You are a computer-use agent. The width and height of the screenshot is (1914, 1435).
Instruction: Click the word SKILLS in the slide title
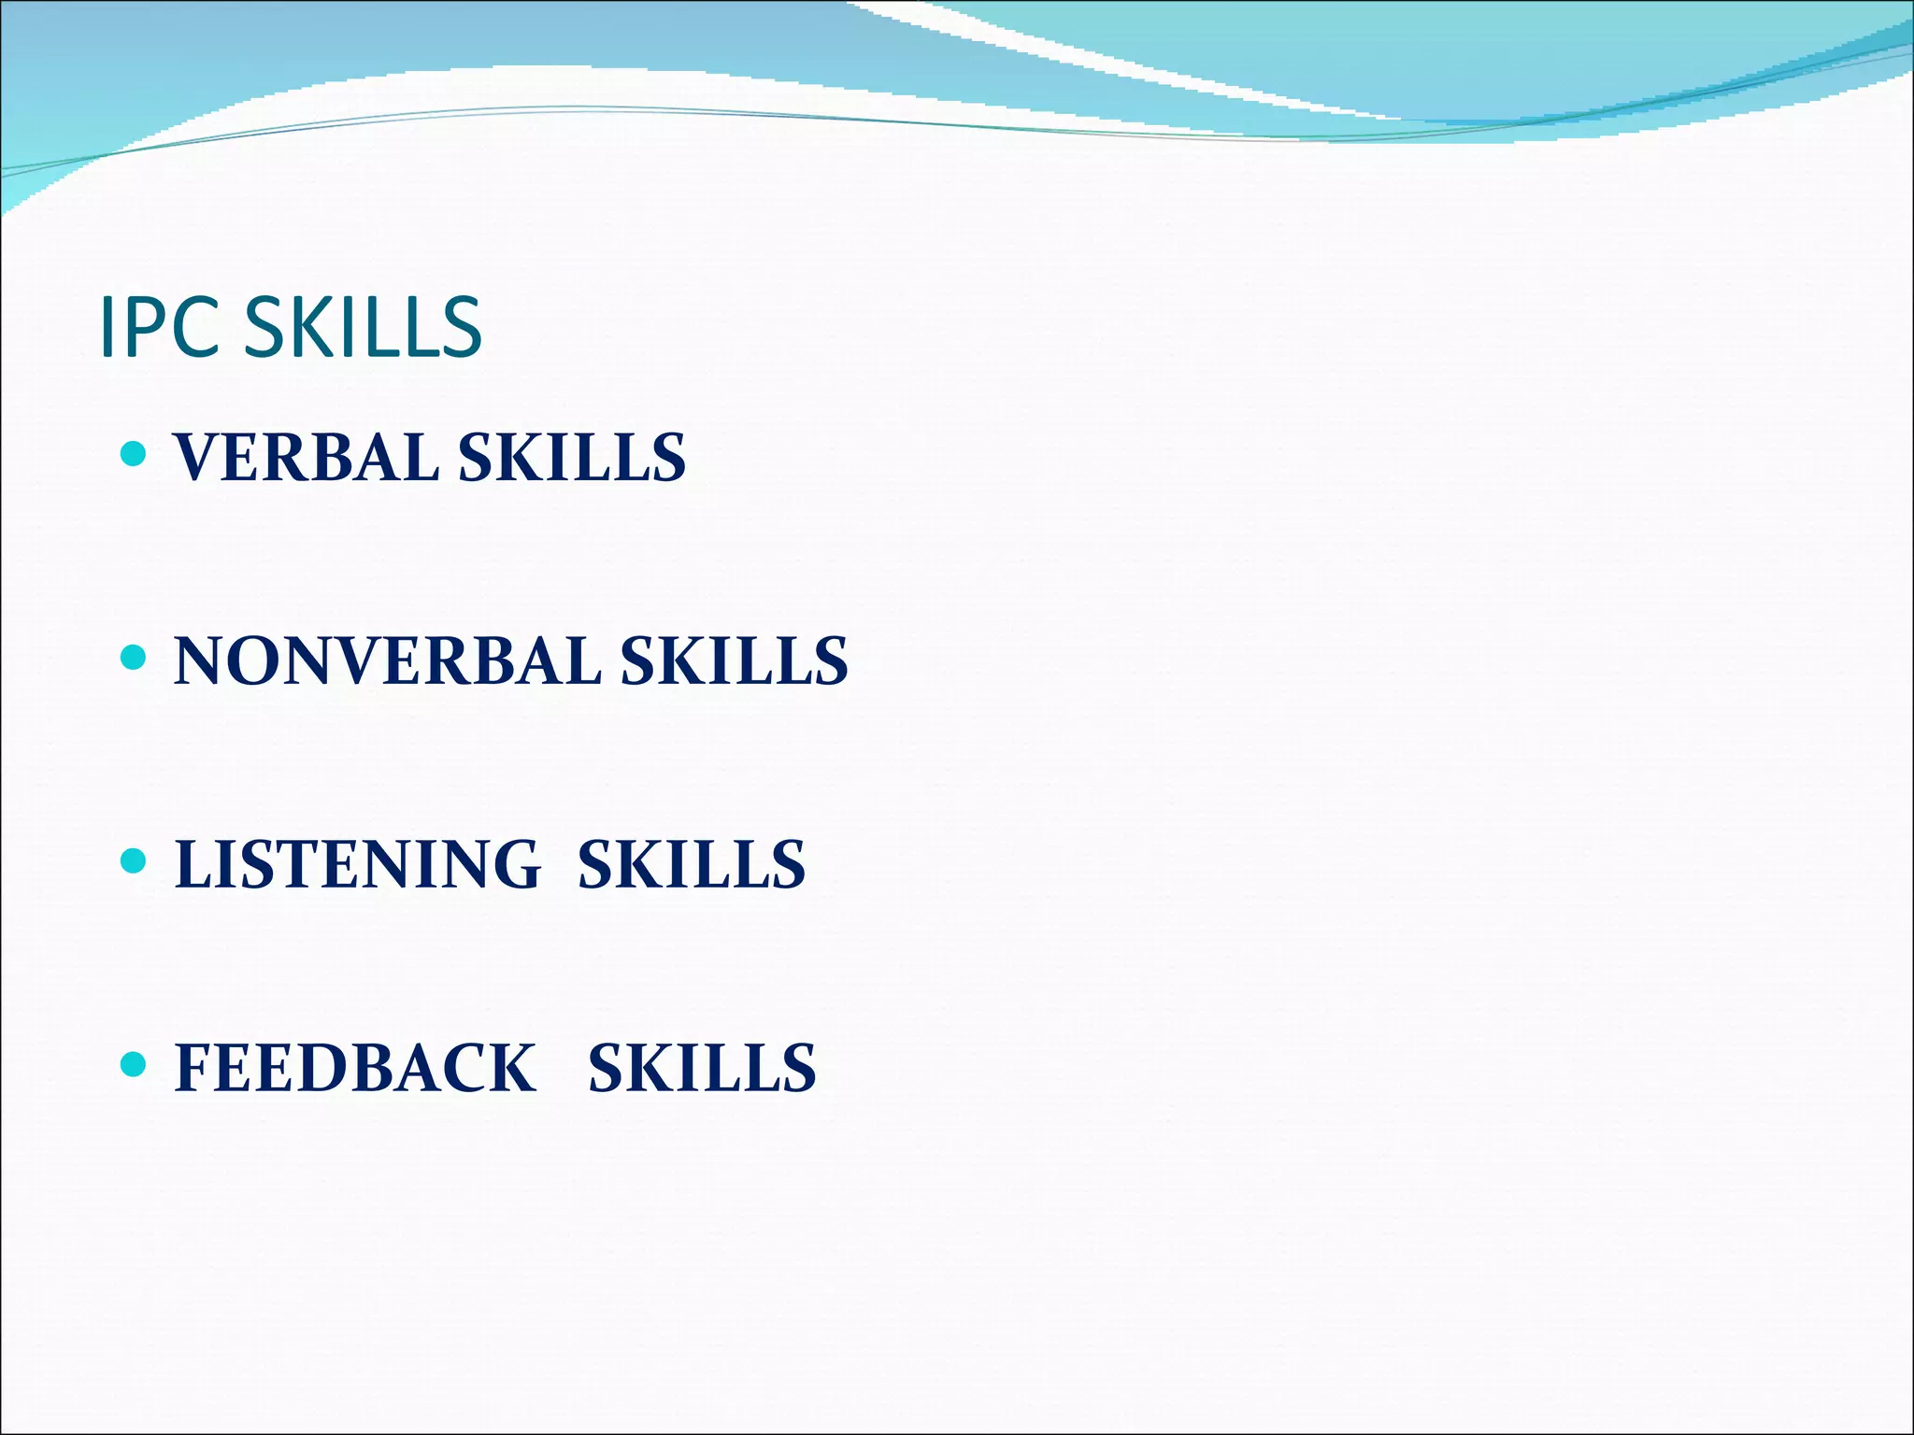pyautogui.click(x=363, y=327)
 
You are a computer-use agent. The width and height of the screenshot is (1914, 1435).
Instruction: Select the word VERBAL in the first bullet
pyautogui.click(x=306, y=458)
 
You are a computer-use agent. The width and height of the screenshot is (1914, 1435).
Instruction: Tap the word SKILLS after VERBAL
pyautogui.click(x=572, y=458)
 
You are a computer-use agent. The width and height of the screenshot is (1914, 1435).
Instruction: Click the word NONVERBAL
pyautogui.click(x=388, y=661)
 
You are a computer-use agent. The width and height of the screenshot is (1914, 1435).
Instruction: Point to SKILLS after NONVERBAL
pyautogui.click(x=735, y=661)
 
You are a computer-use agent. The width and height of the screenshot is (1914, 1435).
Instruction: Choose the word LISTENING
pyautogui.click(x=357, y=864)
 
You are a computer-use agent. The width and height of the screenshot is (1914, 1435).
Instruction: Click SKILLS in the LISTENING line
pyautogui.click(x=692, y=864)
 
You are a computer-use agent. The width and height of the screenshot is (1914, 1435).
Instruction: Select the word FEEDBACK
pyautogui.click(x=355, y=1068)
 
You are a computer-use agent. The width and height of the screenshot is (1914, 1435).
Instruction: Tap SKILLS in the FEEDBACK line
pyautogui.click(x=702, y=1068)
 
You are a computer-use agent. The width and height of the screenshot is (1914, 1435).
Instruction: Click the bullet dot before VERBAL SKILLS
pyautogui.click(x=134, y=455)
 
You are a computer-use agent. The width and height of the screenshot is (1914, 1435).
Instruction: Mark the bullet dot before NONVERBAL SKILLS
pyautogui.click(x=134, y=658)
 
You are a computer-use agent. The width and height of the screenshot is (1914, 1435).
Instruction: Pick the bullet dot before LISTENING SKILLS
pyautogui.click(x=134, y=860)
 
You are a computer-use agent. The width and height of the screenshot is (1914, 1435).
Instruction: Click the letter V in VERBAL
pyautogui.click(x=198, y=458)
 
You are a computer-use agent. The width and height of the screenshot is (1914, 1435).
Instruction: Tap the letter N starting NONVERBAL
pyautogui.click(x=202, y=661)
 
